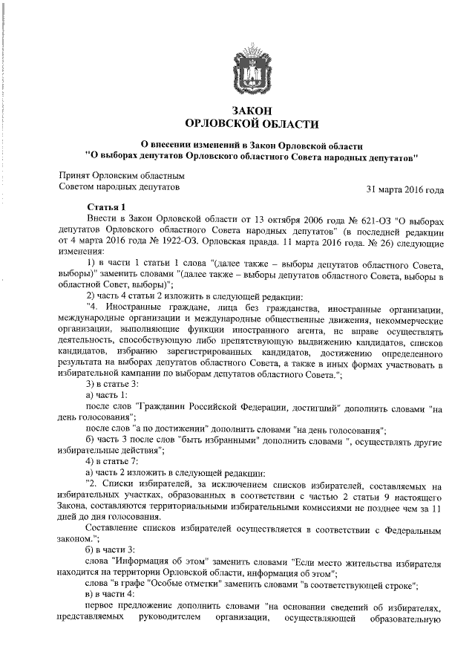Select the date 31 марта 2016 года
tap(405, 190)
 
